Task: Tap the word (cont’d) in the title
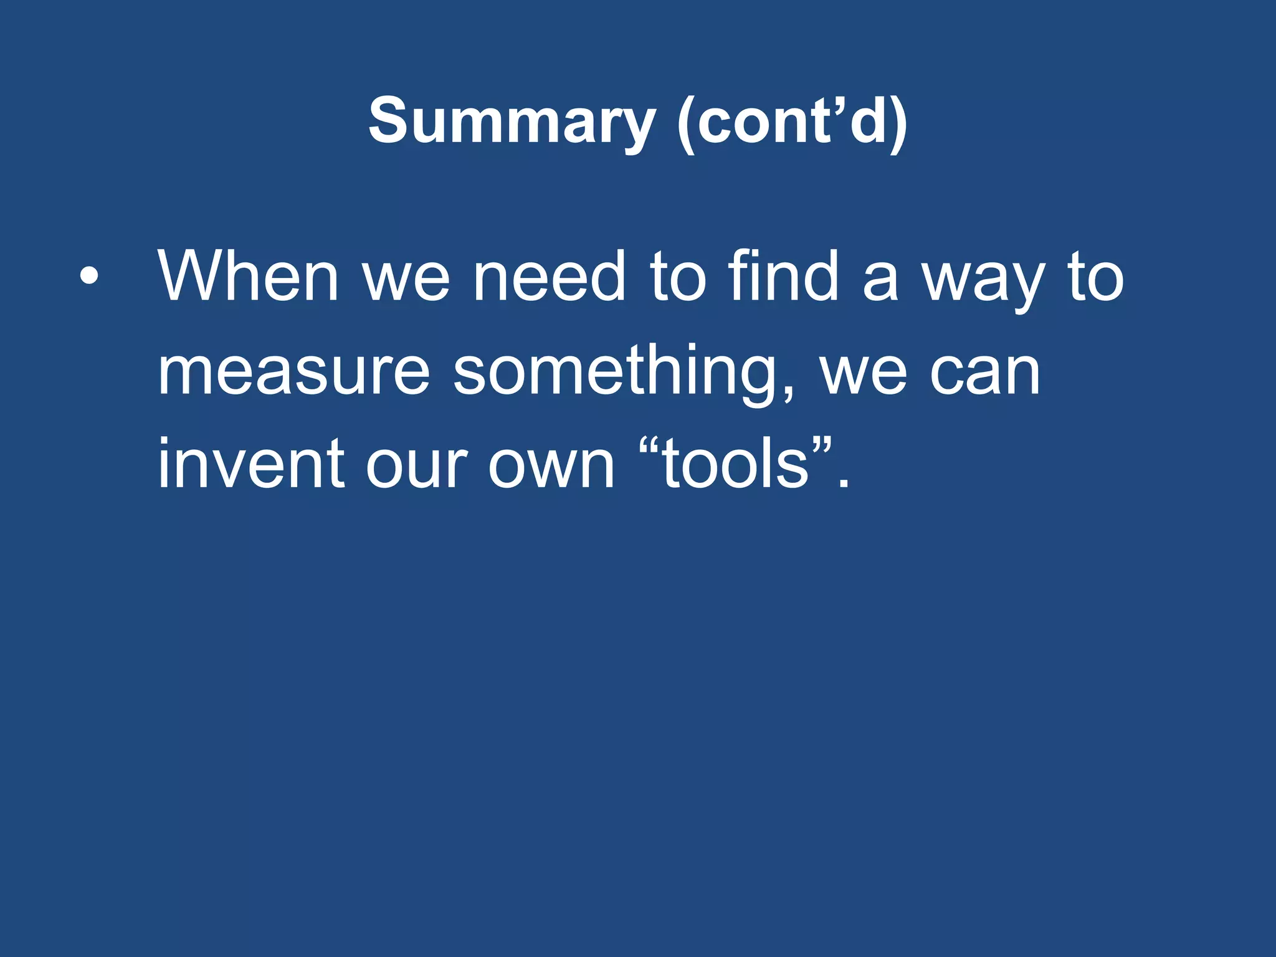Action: click(792, 121)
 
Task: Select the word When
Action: click(248, 276)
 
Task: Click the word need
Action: click(549, 276)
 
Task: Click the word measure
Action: click(293, 372)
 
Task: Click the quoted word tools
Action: click(735, 464)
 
